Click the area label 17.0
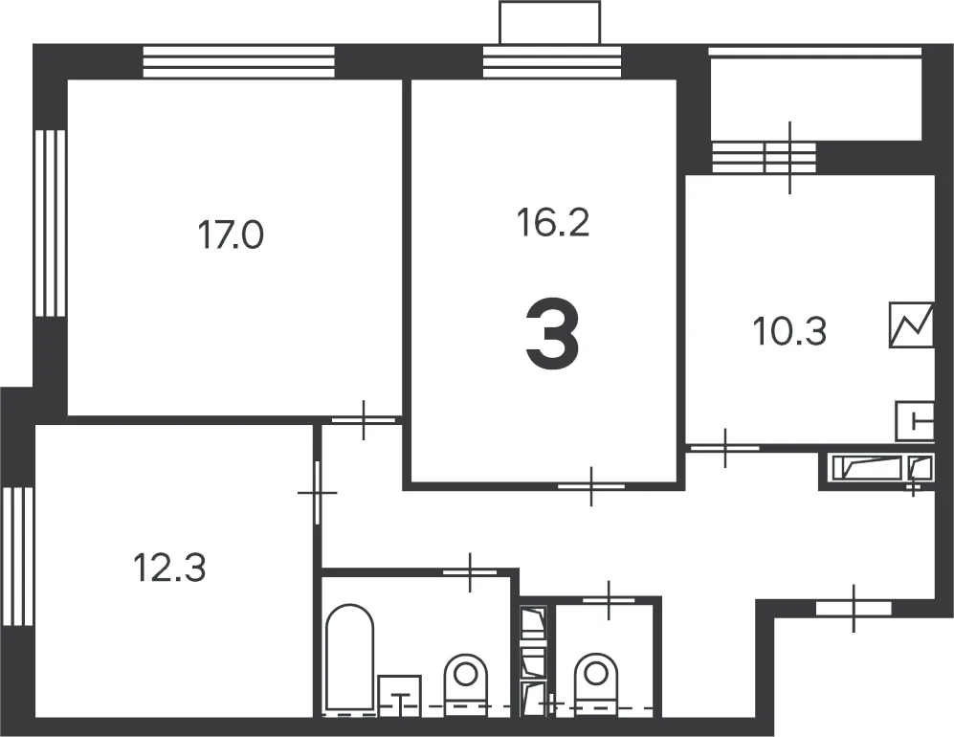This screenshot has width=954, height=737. [x=231, y=235]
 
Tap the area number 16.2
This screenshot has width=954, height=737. [x=553, y=222]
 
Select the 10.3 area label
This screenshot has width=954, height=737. [x=789, y=332]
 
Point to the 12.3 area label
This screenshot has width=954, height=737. [x=169, y=568]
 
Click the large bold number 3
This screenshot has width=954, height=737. [x=552, y=333]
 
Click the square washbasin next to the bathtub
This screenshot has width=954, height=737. [x=400, y=695]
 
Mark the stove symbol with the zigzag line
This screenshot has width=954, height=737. [x=911, y=325]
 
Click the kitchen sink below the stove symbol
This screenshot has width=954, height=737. [x=915, y=421]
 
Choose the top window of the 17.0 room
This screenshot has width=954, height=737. [x=238, y=62]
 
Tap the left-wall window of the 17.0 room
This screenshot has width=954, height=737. [x=50, y=223]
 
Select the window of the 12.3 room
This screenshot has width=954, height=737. [x=17, y=556]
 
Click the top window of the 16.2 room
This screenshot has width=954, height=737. [x=552, y=62]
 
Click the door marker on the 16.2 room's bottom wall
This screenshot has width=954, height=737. [x=591, y=486]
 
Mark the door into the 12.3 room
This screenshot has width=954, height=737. [x=317, y=492]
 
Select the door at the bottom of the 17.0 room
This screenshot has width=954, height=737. [x=364, y=420]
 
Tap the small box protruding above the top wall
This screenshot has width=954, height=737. [x=549, y=23]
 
